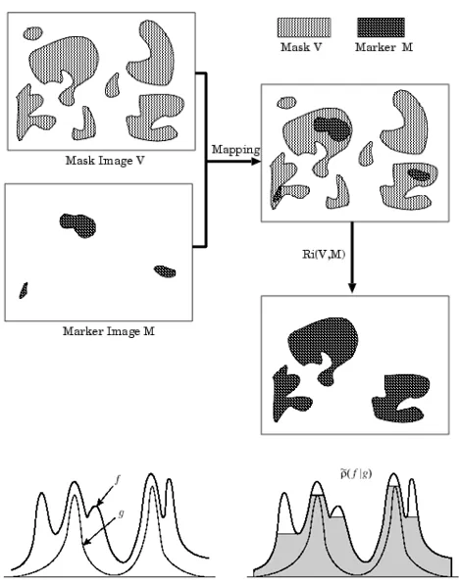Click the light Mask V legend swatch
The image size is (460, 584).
tap(304, 27)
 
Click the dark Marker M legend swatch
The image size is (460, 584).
tap(381, 27)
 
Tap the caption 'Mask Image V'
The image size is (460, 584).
tap(105, 161)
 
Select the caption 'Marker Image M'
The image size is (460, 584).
tap(108, 331)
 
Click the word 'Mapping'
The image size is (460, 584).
tap(235, 150)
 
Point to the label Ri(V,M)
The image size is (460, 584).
tap(324, 254)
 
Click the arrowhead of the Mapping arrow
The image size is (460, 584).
tap(256, 162)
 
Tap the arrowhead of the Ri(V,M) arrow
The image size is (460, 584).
tap(352, 288)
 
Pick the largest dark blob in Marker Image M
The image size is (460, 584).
tap(77, 225)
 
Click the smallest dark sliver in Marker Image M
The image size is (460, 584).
tap(24, 290)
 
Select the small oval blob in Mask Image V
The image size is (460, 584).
tap(32, 33)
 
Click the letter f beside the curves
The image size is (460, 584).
tap(118, 480)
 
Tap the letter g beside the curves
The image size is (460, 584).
tap(121, 514)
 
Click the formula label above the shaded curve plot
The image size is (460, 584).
tap(356, 474)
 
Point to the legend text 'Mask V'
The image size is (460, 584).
tap(301, 47)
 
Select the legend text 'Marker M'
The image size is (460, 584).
tap(383, 47)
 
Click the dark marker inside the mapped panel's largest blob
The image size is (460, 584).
tap(332, 128)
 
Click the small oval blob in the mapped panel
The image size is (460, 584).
tap(286, 102)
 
